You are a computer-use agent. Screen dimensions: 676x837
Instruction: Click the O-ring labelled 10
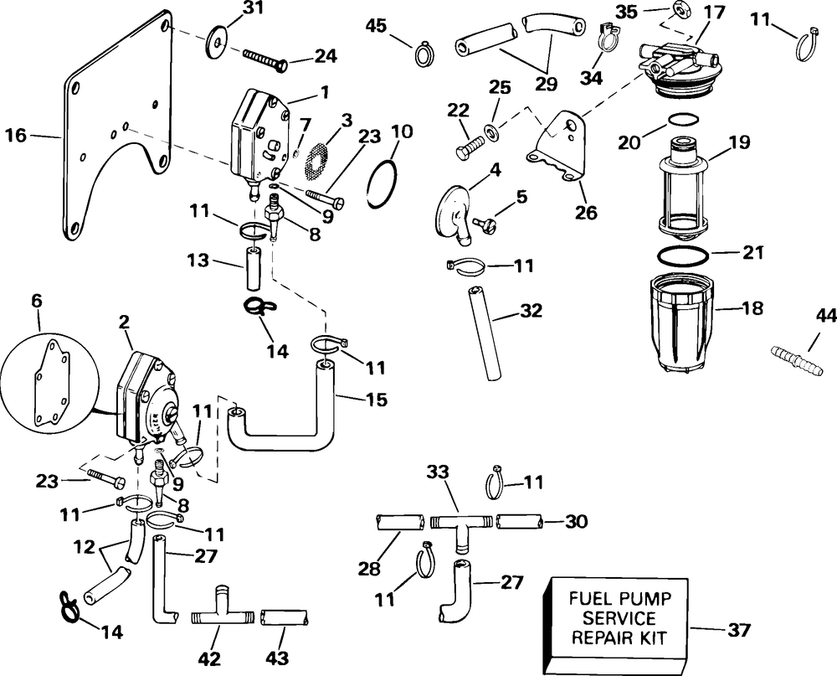pos(383,181)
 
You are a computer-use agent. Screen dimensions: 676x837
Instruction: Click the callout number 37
pos(738,629)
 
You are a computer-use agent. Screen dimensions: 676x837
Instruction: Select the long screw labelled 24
pos(266,58)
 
